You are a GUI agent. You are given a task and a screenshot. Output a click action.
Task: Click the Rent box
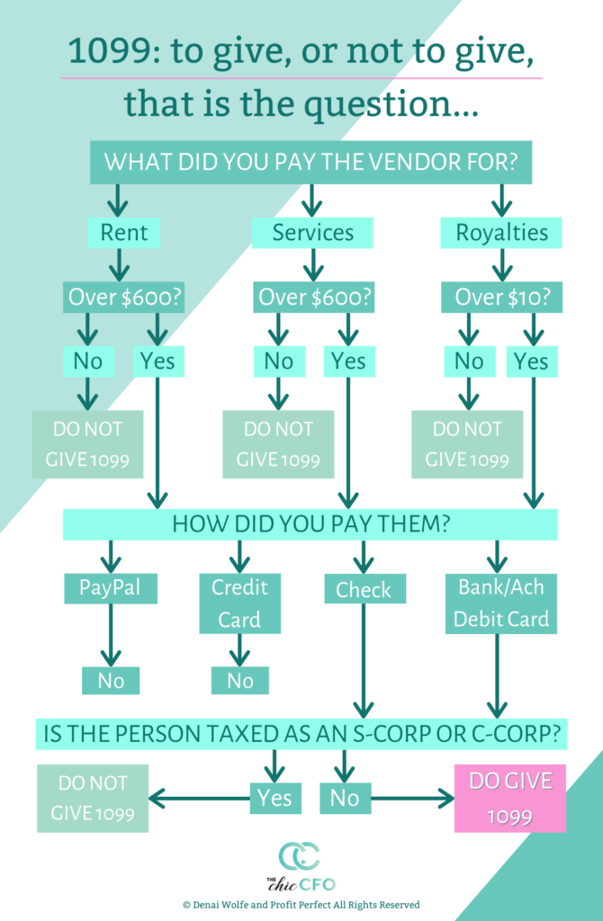pyautogui.click(x=123, y=233)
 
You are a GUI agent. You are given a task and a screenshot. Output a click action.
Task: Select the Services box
pyautogui.click(x=312, y=233)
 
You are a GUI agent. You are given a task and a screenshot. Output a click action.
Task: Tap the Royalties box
pyautogui.click(x=501, y=233)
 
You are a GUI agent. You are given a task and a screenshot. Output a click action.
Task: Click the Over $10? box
pyautogui.click(x=502, y=297)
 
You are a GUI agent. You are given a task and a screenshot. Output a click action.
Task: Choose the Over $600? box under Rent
pyautogui.click(x=124, y=297)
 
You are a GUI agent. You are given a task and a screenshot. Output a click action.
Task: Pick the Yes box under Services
pyautogui.click(x=349, y=362)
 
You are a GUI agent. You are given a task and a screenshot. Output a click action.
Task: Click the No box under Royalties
pyautogui.click(x=468, y=362)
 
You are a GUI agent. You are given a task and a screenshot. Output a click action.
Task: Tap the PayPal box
pyautogui.click(x=111, y=588)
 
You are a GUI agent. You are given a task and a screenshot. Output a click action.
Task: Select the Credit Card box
pyautogui.click(x=239, y=604)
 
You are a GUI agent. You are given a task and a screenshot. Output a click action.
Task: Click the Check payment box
pyautogui.click(x=365, y=588)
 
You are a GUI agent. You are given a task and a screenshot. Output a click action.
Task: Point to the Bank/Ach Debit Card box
pyautogui.click(x=500, y=604)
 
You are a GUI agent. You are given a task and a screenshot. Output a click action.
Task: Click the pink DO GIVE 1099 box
pyautogui.click(x=510, y=799)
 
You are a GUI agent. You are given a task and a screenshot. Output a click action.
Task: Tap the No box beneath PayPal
pyautogui.click(x=111, y=681)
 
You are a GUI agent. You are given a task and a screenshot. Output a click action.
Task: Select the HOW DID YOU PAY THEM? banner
pyautogui.click(x=310, y=524)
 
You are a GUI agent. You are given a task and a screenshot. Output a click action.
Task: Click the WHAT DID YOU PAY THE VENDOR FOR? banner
pyautogui.click(x=310, y=162)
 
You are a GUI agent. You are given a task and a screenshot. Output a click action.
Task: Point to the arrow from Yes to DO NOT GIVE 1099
pyautogui.click(x=200, y=799)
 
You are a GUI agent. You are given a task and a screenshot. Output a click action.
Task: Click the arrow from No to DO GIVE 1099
pyautogui.click(x=412, y=799)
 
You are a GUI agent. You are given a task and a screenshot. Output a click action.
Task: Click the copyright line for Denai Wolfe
pyautogui.click(x=301, y=905)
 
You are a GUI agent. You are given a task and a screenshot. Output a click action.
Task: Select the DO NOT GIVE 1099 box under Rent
pyautogui.click(x=87, y=444)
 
